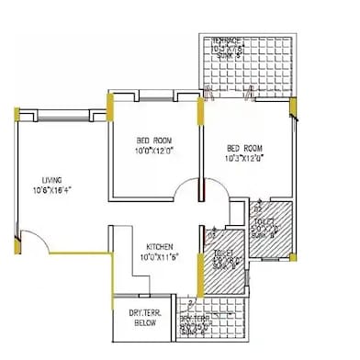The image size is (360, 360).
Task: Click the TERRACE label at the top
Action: pos(226,41)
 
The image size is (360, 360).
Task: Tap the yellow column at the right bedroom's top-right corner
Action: pos(293,108)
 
